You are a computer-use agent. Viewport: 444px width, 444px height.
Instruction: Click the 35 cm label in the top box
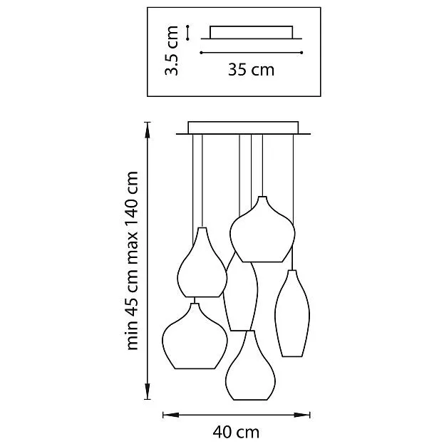pyautogui.click(x=251, y=70)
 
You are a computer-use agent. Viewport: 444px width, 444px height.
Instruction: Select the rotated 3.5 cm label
pyautogui.click(x=171, y=51)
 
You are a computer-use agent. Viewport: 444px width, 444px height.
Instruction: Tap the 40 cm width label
pyautogui.click(x=235, y=432)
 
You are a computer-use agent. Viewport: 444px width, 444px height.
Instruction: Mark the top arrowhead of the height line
pyautogui.click(x=148, y=127)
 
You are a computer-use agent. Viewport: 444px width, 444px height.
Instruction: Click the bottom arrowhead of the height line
pyautogui.click(x=148, y=396)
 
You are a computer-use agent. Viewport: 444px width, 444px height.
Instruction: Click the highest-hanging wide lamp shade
pyautogui.click(x=261, y=232)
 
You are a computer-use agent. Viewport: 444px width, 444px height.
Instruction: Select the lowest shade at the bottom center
pyautogui.click(x=249, y=369)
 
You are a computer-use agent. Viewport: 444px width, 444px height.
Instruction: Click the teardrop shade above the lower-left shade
pyautogui.click(x=202, y=267)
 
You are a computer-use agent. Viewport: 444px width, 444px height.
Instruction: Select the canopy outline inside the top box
pyautogui.click(x=250, y=33)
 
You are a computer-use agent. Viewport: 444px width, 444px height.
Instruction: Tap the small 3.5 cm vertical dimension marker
pyautogui.click(x=187, y=33)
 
